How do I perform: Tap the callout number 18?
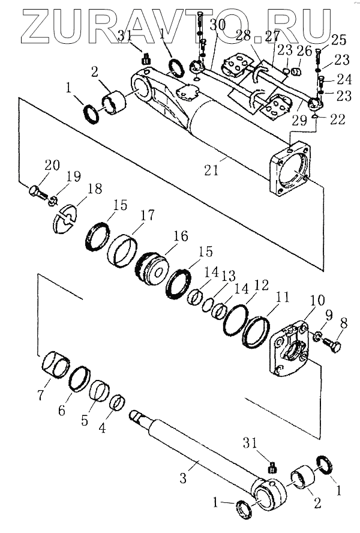click(95, 189)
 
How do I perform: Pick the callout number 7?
click(41, 396)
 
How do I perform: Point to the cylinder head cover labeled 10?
click(291, 351)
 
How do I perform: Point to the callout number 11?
click(282, 297)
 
